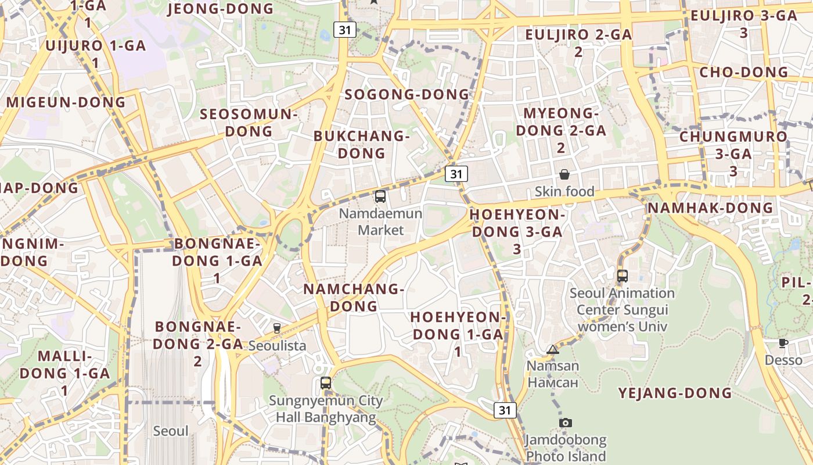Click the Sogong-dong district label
tap(406, 94)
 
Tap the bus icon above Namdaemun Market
tap(380, 196)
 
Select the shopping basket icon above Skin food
tap(564, 174)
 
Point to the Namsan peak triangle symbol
tap(552, 349)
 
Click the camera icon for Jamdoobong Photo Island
tap(565, 423)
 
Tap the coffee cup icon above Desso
tap(783, 343)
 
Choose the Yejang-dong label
tap(675, 393)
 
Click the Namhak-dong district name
tap(710, 208)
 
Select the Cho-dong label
tap(744, 73)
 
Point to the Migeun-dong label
tap(66, 102)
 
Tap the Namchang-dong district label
tap(354, 297)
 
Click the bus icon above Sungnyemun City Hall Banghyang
tap(326, 383)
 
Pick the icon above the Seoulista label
tap(277, 328)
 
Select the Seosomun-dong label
tap(249, 123)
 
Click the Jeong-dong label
tap(220, 9)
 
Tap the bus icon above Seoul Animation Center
tap(622, 276)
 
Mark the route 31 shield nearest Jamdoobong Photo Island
tap(505, 410)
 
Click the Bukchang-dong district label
tap(362, 145)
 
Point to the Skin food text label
tap(564, 191)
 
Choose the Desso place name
tap(783, 360)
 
